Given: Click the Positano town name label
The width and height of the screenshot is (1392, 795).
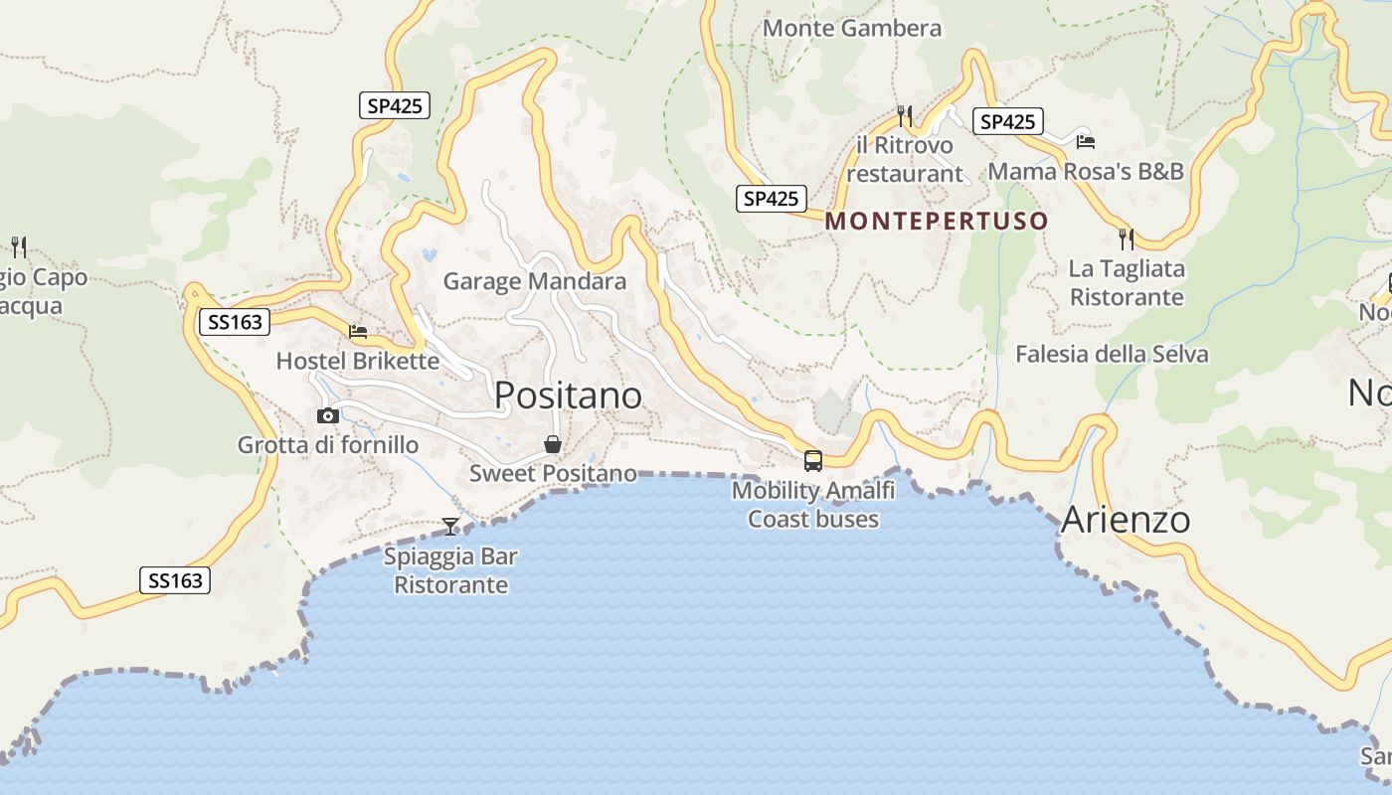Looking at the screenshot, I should tap(568, 396).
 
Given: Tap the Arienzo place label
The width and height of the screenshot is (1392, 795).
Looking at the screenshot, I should tap(1126, 520).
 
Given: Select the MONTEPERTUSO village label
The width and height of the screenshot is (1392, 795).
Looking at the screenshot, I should tap(937, 221).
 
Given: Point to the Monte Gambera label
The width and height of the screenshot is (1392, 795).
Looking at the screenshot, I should tap(851, 29).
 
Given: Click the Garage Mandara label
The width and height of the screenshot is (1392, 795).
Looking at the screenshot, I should tap(535, 281).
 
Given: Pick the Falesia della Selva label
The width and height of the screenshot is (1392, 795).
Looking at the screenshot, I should tap(1112, 354).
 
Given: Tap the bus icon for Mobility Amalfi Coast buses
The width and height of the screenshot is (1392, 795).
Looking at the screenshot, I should tap(813, 460).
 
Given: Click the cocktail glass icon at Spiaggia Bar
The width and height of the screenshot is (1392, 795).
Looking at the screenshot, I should tap(451, 526).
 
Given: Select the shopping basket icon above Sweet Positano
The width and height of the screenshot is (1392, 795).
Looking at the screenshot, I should tap(553, 444).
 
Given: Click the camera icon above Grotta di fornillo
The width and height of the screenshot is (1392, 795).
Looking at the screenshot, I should tap(327, 415).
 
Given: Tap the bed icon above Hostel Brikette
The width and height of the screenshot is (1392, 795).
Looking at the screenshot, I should tap(358, 331).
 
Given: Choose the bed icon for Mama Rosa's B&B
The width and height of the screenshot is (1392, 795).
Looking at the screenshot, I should tap(1085, 142).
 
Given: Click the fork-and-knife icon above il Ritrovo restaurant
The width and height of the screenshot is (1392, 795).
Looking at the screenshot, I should tap(905, 116).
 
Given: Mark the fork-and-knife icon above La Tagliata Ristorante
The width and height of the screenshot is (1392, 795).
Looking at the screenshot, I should tap(1127, 239).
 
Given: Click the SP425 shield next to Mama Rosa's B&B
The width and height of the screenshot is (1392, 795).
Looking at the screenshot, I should tap(1007, 121).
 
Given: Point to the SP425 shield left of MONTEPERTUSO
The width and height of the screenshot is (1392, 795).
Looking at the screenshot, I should tap(772, 199).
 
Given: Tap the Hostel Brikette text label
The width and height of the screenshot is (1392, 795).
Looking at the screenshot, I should tap(358, 360).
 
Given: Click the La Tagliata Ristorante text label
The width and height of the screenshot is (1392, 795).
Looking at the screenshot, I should tap(1127, 282).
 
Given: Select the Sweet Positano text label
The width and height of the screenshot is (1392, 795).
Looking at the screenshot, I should tap(553, 473).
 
